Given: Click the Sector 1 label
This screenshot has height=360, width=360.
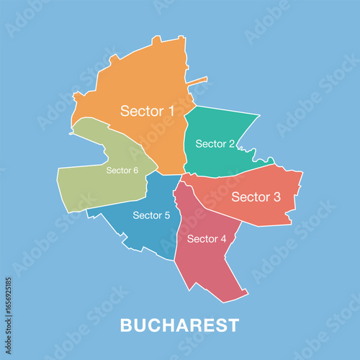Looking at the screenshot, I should [x=148, y=111].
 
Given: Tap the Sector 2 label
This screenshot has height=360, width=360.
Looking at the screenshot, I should [x=215, y=144].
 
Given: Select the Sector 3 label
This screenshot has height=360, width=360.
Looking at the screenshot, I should [x=256, y=197].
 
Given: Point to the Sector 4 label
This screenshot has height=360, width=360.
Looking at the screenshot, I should [x=207, y=239].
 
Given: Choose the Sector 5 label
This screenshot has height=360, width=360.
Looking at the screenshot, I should [x=151, y=215].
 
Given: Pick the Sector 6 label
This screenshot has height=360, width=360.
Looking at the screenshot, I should [x=122, y=171].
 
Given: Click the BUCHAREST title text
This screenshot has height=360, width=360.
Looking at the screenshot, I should [x=179, y=325].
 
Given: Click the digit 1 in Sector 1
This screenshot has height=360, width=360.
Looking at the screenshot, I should [x=171, y=111].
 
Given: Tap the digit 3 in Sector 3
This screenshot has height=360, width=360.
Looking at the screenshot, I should [x=276, y=197].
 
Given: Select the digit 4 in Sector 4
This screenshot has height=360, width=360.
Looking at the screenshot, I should [x=223, y=239].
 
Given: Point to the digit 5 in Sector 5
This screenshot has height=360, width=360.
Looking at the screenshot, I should [x=167, y=215].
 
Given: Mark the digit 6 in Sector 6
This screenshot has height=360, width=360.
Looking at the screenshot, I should [x=135, y=171].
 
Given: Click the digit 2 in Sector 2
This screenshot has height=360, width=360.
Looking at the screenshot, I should [x=231, y=144].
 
